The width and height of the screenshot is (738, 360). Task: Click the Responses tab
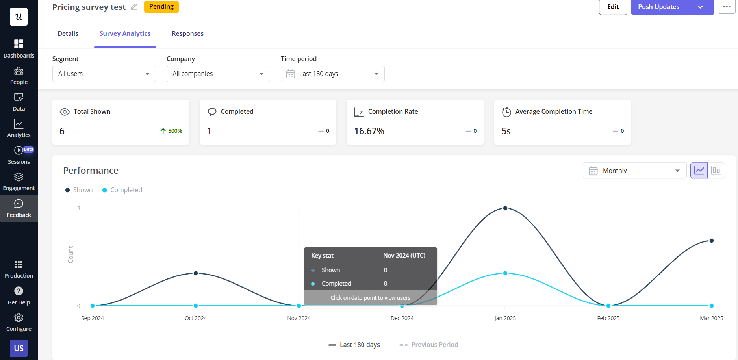click(187, 34)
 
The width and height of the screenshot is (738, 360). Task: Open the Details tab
click(68, 34)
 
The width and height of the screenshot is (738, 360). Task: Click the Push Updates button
click(658, 7)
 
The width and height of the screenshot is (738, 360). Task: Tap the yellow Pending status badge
click(161, 7)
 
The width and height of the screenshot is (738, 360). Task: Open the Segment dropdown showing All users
click(104, 74)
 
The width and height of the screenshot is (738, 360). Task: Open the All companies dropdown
click(218, 74)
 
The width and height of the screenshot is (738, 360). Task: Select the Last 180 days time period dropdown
click(332, 74)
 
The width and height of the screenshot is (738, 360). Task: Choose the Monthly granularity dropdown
click(634, 171)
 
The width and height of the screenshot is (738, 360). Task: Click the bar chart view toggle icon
click(716, 171)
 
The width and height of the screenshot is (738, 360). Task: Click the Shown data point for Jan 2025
click(505, 208)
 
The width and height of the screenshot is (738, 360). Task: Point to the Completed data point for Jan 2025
click(505, 273)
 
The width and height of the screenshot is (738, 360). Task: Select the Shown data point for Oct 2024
click(196, 273)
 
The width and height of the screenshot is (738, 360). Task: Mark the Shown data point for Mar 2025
click(712, 241)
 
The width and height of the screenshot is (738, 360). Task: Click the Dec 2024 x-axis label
click(402, 318)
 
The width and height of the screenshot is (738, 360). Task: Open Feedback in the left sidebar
click(19, 208)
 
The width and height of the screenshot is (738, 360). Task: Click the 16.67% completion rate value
click(369, 131)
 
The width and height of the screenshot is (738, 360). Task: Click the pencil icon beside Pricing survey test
click(134, 7)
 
